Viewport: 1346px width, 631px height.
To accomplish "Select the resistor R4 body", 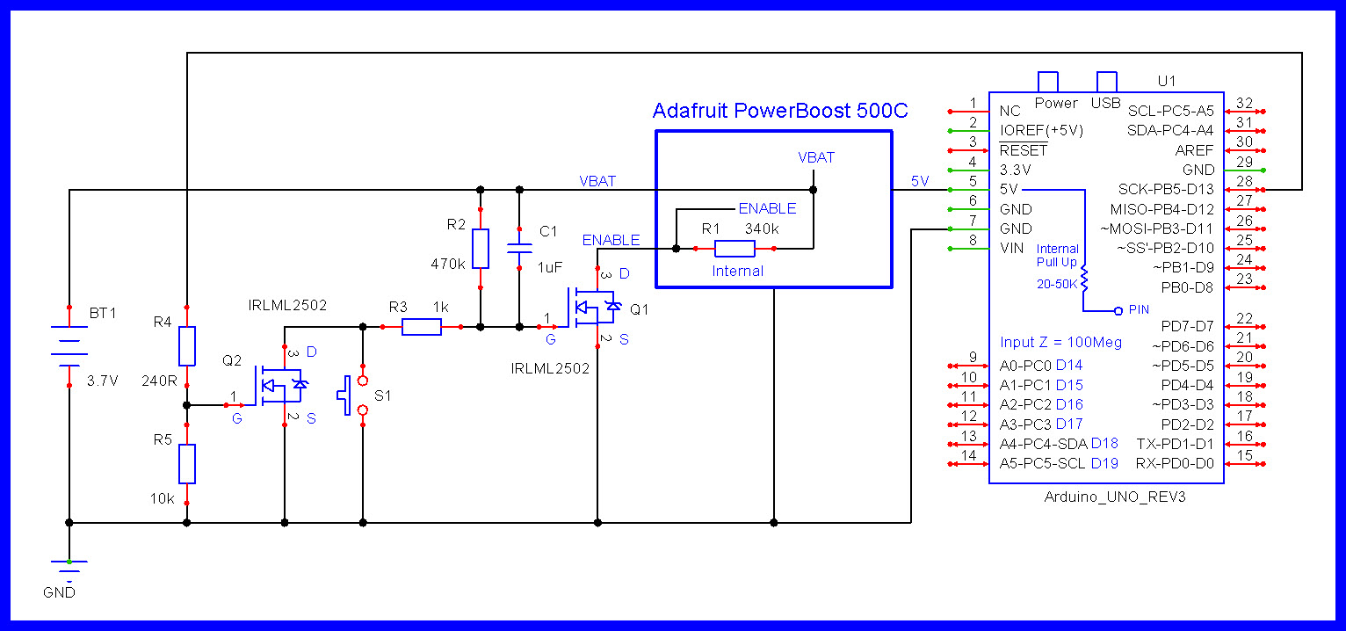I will (x=186, y=346).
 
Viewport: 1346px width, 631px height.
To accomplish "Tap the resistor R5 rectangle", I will (x=186, y=463).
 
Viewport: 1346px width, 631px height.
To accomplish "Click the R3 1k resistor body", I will (x=422, y=327).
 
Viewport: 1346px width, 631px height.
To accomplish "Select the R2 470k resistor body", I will (x=480, y=249).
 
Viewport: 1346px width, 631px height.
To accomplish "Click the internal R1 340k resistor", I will (x=735, y=249).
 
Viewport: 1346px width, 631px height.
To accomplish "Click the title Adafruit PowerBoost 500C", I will (x=780, y=111).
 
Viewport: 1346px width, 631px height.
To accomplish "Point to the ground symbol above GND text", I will (x=69, y=564).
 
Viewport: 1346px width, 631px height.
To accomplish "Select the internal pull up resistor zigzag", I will (x=1084, y=279).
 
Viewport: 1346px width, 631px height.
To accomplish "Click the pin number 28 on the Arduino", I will (x=1243, y=181).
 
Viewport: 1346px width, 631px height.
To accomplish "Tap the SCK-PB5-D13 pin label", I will (x=1166, y=189).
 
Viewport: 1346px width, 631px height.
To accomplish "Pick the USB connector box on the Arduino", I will (x=1106, y=82).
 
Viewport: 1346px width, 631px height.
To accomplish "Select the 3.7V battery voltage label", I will (x=104, y=382).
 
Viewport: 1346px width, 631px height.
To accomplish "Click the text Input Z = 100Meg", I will (x=1060, y=342).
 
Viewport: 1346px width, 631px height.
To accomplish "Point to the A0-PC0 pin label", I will (x=1025, y=365).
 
